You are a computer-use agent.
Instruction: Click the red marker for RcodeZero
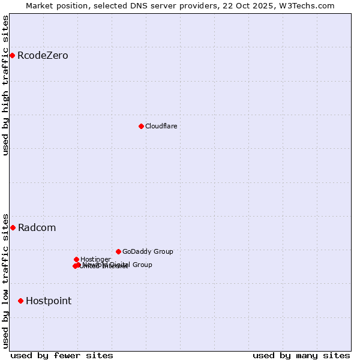(12, 56)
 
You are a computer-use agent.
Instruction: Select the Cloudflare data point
(141, 126)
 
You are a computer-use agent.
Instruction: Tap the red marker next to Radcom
(13, 227)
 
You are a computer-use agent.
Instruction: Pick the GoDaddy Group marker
(118, 251)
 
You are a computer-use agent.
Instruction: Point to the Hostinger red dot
(76, 259)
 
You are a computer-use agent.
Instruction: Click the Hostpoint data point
(20, 301)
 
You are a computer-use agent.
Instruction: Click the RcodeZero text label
(43, 56)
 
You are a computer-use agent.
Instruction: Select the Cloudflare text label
(161, 126)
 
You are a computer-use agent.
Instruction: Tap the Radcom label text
(37, 227)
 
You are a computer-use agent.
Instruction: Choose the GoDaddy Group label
(148, 251)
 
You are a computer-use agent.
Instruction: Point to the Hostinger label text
(95, 259)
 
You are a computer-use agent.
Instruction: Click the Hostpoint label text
(49, 301)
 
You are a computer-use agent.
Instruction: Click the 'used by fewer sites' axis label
(62, 355)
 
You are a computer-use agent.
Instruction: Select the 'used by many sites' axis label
(301, 355)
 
